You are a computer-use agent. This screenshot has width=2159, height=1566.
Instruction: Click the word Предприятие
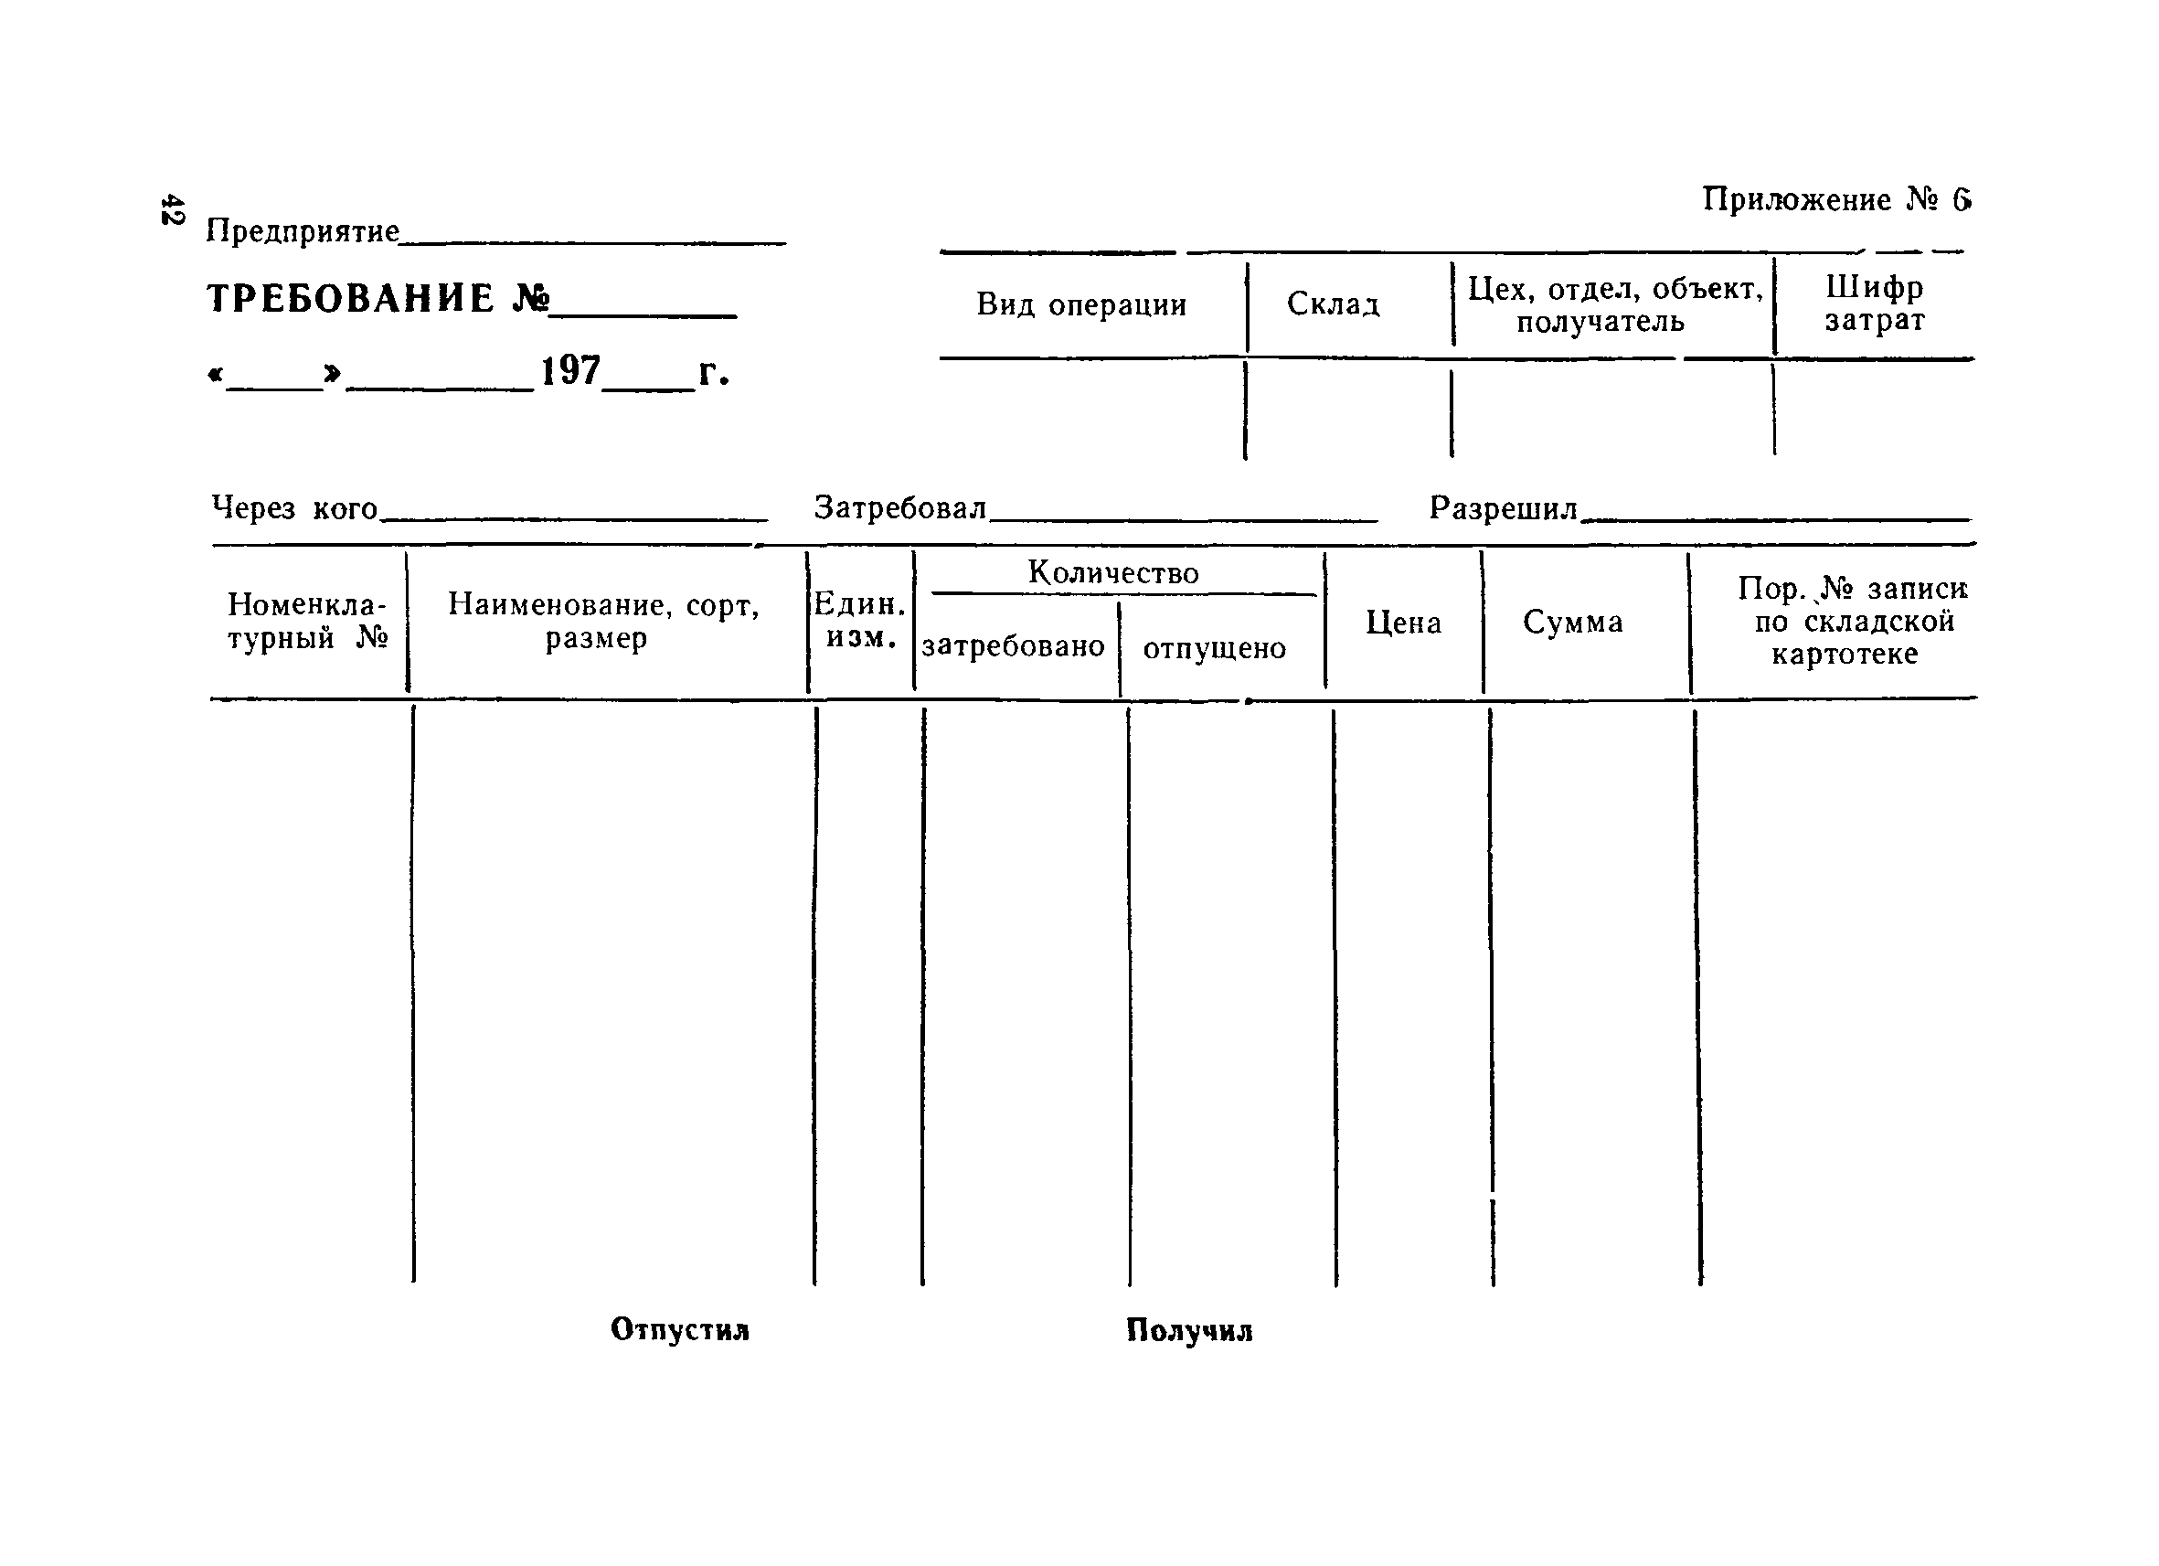click(303, 231)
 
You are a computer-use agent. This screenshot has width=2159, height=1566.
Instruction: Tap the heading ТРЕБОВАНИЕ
click(350, 299)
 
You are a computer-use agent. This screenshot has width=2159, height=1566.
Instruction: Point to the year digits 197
click(570, 371)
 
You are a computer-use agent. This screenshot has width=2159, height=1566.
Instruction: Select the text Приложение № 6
click(1835, 200)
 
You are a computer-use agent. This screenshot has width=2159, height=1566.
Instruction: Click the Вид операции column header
click(1081, 305)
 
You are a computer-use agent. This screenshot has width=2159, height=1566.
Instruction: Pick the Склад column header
click(1333, 304)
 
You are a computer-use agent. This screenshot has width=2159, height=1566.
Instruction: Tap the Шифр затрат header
click(1874, 304)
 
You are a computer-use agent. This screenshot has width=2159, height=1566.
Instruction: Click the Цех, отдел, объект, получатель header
click(1613, 304)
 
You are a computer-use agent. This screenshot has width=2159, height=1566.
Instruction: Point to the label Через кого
click(294, 508)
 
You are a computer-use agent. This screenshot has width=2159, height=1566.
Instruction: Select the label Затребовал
click(899, 508)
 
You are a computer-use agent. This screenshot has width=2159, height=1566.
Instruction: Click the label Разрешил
click(1503, 508)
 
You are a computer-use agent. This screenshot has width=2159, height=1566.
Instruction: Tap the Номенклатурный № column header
click(307, 621)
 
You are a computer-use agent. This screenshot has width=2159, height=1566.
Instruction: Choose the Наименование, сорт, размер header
click(603, 621)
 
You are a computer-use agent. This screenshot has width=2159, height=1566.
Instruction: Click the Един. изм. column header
click(859, 621)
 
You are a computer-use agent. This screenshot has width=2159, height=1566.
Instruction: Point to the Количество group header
click(1112, 573)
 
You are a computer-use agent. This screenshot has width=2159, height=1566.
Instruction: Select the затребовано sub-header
click(1013, 646)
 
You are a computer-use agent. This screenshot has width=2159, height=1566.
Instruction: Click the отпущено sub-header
click(1214, 648)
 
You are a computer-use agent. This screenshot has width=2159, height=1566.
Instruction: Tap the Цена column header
click(1403, 623)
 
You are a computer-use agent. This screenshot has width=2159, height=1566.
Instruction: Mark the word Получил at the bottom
click(1189, 1330)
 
